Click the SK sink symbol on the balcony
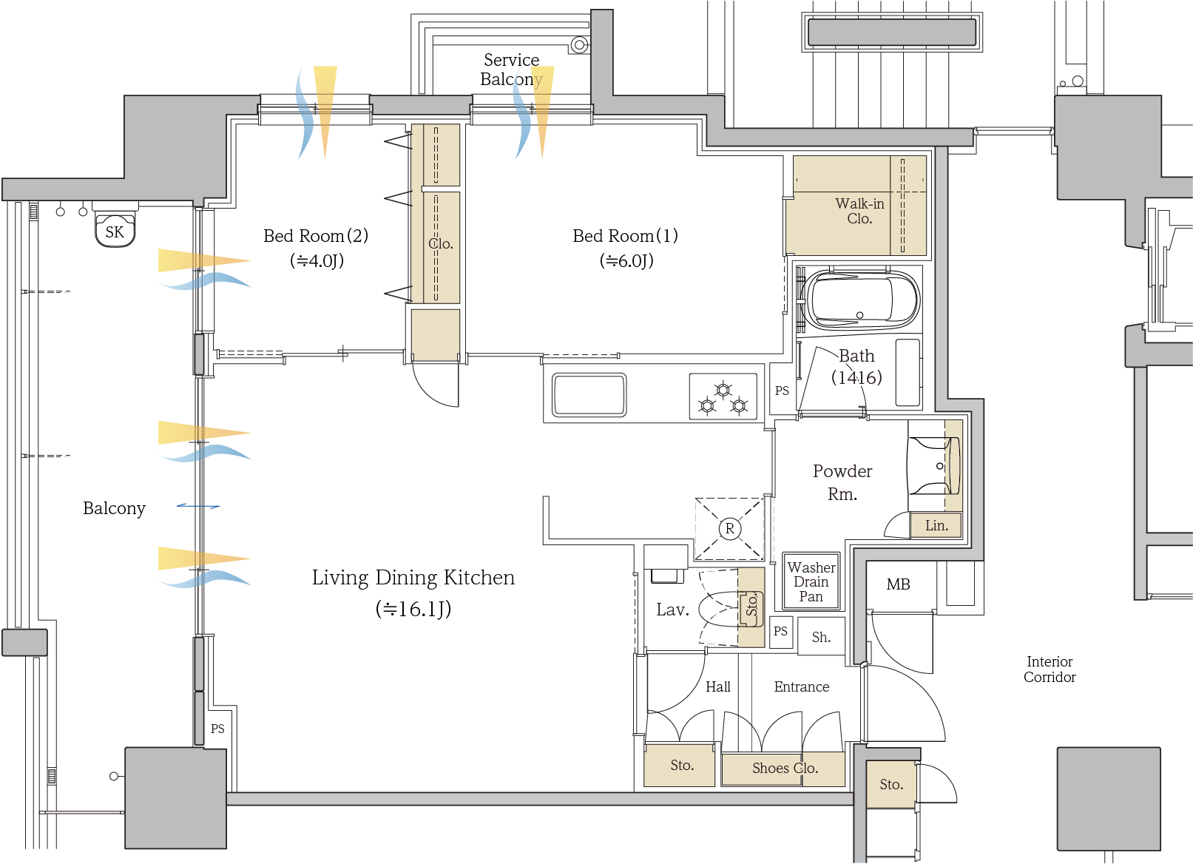115,230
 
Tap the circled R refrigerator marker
730,529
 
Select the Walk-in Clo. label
859,211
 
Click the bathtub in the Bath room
862,300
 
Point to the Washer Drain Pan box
811,581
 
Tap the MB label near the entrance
898,584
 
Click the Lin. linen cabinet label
936,525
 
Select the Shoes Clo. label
785,768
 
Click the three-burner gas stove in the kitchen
723,397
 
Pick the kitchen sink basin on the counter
589,395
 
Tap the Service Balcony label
511,69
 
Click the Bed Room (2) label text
316,236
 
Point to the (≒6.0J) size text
626,260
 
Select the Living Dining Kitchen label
413,578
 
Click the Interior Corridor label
1050,669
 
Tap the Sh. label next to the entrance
821,637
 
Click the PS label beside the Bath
782,391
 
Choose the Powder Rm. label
842,482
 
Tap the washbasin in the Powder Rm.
936,465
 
